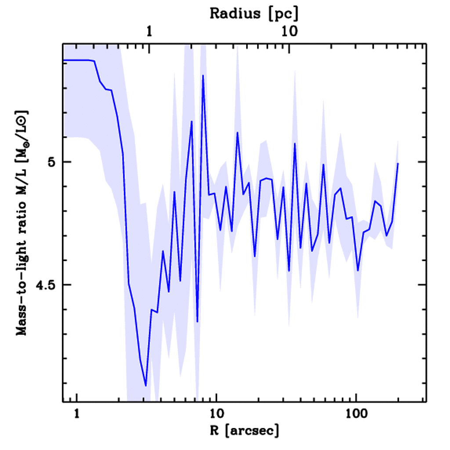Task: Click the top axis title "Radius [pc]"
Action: [254, 14]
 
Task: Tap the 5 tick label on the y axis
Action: [52, 162]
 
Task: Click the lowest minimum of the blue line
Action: [145, 386]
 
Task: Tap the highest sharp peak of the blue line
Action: [203, 76]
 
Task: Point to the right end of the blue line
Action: [398, 163]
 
